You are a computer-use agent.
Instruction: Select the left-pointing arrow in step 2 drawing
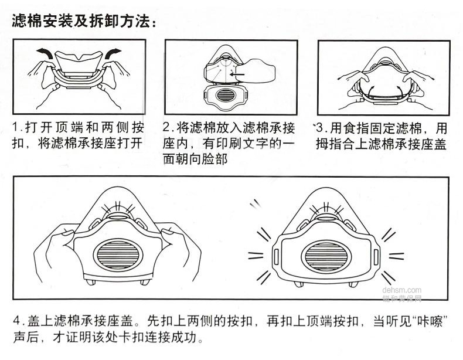click(236, 74)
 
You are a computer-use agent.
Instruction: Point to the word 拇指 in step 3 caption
click(331, 144)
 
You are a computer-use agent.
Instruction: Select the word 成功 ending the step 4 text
click(191, 338)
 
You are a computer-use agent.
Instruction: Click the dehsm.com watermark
click(401, 289)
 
